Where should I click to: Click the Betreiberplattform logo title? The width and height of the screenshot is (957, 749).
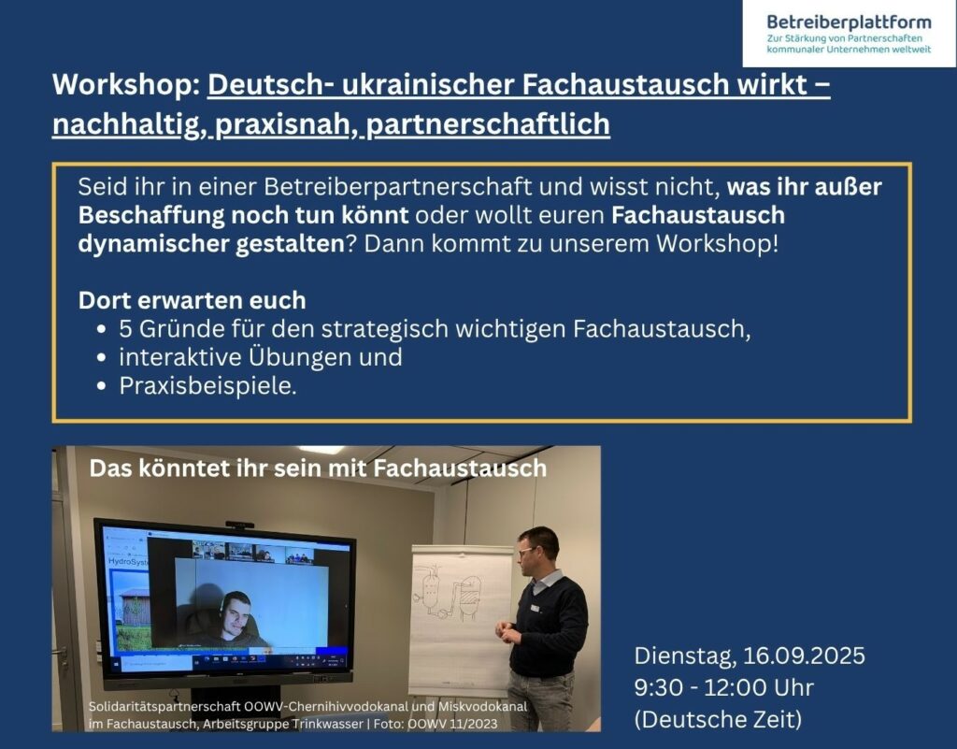click(x=849, y=22)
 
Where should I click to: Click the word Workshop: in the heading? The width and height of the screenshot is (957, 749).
click(x=127, y=85)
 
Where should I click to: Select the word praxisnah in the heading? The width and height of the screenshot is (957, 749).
click(x=283, y=124)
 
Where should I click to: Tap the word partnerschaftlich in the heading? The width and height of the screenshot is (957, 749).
click(x=488, y=124)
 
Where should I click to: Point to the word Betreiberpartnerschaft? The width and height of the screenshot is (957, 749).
click(x=398, y=187)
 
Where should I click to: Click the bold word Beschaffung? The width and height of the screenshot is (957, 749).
click(x=150, y=215)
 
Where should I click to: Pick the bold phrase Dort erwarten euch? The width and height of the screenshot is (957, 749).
click(x=193, y=300)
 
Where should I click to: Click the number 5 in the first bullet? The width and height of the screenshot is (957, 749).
click(x=126, y=329)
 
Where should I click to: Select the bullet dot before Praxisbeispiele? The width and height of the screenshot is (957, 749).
click(x=102, y=386)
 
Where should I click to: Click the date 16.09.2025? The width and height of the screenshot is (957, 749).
click(x=804, y=656)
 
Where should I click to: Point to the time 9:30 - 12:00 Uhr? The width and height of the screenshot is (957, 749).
click(x=724, y=688)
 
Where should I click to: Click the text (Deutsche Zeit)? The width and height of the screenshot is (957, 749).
click(x=718, y=720)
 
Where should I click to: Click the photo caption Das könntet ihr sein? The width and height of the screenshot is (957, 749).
click(x=230, y=468)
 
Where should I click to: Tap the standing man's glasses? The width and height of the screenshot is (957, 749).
click(x=527, y=551)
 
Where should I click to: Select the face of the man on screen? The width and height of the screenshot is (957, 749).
click(x=235, y=614)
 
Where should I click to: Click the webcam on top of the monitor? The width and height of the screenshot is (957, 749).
click(x=239, y=525)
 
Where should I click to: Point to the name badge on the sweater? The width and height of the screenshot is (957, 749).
click(x=536, y=609)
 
